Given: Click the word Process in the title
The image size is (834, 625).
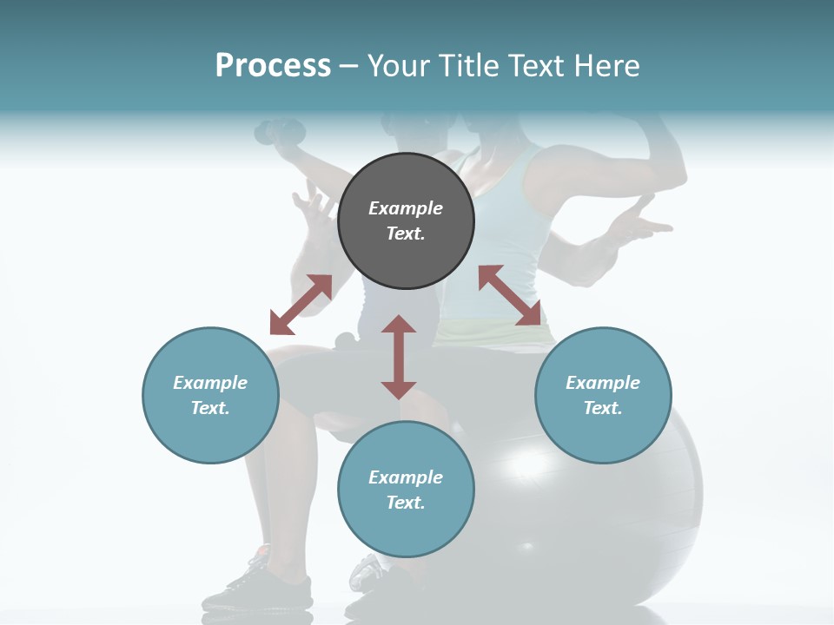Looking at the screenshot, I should (273, 66).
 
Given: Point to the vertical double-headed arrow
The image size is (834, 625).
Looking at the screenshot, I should (399, 357).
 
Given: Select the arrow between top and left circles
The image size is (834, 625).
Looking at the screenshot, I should (301, 305).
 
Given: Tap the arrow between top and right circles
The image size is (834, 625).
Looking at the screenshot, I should (510, 295).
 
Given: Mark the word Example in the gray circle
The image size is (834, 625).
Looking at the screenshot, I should (406, 208).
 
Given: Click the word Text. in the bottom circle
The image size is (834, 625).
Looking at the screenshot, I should (406, 503).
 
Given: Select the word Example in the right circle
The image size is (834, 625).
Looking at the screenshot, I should (603, 383).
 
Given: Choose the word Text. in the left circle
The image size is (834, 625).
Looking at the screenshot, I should (210, 408).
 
